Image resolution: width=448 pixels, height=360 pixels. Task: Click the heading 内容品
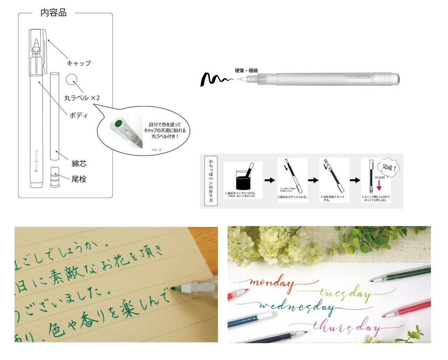[53, 13]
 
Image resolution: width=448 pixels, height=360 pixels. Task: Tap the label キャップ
[79, 63]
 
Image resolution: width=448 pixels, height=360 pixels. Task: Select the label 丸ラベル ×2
[82, 98]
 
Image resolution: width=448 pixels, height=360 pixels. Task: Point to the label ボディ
[79, 116]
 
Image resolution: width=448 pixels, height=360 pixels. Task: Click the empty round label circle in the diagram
[71, 80]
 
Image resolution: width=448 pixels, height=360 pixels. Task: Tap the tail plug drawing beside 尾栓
[55, 176]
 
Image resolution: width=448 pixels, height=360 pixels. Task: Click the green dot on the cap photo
[118, 124]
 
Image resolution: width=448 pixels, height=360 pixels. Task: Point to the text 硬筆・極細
[247, 71]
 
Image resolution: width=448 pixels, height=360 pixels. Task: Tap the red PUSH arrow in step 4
[379, 184]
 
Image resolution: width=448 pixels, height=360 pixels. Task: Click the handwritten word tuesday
[346, 292]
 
